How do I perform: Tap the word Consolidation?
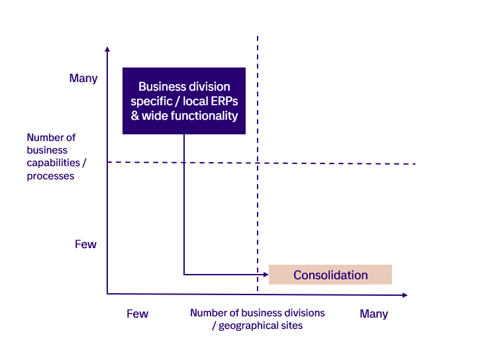coord(330,275)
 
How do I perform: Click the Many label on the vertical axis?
coord(83,78)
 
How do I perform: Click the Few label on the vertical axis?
coord(85,244)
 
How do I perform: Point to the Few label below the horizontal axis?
coord(137,314)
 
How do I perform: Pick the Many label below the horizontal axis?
coord(373,314)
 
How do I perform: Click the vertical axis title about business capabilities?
coord(52,157)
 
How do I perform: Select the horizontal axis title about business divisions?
coord(258,319)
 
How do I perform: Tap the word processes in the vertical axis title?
coord(50,176)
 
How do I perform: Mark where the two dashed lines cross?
coord(258,163)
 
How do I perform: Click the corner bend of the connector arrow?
coord(184,274)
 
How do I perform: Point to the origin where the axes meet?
coord(107,293)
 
